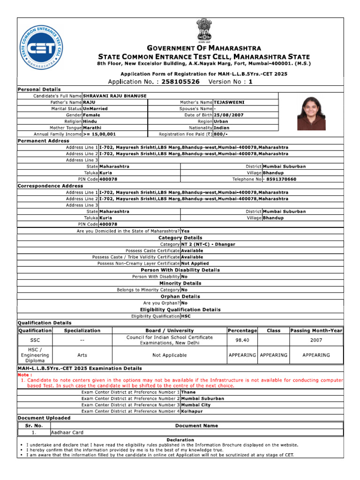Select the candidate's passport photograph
click(x=311, y=113)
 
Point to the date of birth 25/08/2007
click(x=229, y=115)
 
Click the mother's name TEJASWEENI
click(x=229, y=102)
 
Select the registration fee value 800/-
click(x=220, y=134)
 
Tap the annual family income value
click(x=99, y=134)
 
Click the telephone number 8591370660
click(x=280, y=179)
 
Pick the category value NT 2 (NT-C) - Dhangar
click(x=208, y=244)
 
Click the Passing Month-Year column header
click(x=316, y=330)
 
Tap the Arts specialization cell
click(x=82, y=355)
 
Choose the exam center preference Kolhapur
click(x=192, y=411)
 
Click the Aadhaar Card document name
click(x=67, y=432)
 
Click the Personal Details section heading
click(x=39, y=89)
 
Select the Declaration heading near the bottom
click(x=180, y=440)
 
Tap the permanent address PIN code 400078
click(x=108, y=179)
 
